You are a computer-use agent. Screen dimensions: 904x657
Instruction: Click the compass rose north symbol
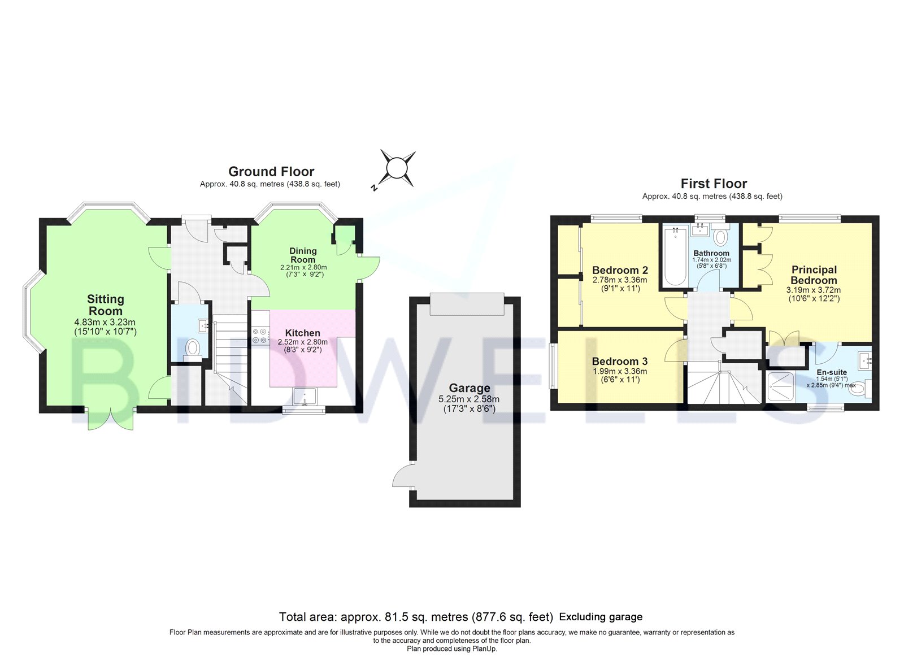coord(397,169)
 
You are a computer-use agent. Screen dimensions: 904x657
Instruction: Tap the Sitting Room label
coord(105,305)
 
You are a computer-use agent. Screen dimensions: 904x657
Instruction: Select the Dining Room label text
coord(303,255)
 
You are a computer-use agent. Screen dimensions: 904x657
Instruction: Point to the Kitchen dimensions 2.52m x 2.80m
coord(303,342)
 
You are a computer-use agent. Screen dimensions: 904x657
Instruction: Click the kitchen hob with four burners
coord(261,336)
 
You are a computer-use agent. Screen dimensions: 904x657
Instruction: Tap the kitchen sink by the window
coord(306,396)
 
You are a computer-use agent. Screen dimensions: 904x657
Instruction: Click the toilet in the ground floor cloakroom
coord(192,350)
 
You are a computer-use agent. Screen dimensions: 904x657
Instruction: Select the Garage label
coord(470,388)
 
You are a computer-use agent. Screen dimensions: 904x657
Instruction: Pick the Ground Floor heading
coord(271,172)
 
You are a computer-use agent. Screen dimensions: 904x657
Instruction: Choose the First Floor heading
coord(714,184)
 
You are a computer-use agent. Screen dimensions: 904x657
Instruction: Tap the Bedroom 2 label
coord(620,270)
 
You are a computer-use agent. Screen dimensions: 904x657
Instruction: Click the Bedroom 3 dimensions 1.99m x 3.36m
coord(619,371)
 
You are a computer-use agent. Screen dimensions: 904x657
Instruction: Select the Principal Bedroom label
coord(814,275)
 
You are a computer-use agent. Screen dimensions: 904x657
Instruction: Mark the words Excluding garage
coord(601,617)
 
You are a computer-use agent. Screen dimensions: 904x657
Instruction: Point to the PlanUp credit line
coord(452,649)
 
